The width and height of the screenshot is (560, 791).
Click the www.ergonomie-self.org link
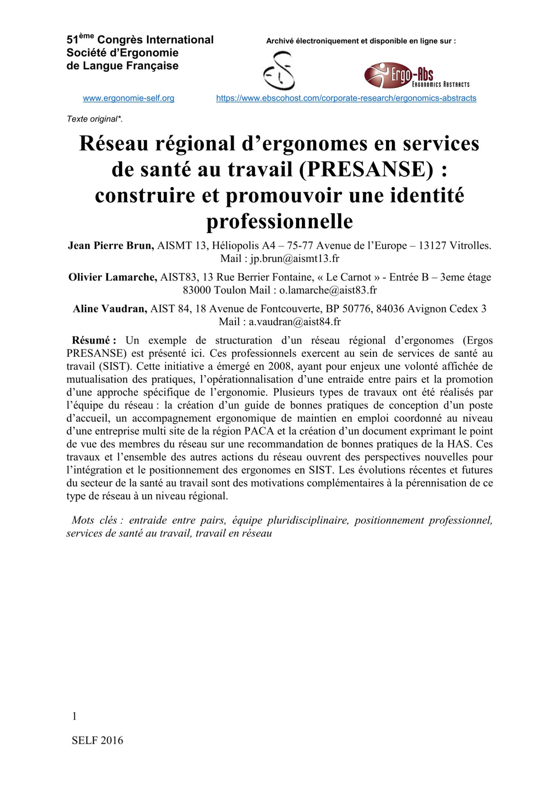coord(129,98)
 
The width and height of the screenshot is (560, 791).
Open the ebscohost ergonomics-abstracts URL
coord(346,98)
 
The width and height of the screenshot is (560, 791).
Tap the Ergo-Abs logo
coord(416,75)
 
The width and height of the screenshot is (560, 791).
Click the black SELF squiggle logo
coord(279,71)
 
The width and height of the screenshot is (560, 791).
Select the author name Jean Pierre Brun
coord(111,246)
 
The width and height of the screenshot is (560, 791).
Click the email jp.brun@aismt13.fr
coord(295,259)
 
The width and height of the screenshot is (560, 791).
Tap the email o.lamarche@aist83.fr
coord(328,290)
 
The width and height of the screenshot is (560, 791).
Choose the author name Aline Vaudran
coord(110,309)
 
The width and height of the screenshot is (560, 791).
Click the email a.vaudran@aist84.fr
coord(294,322)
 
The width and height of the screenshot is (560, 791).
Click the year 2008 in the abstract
coord(280,367)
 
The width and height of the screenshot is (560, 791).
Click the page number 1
coord(74,716)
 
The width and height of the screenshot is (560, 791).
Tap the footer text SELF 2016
coord(97,740)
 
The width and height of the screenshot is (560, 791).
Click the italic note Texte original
coord(95,119)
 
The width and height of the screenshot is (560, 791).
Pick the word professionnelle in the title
coord(279,221)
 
